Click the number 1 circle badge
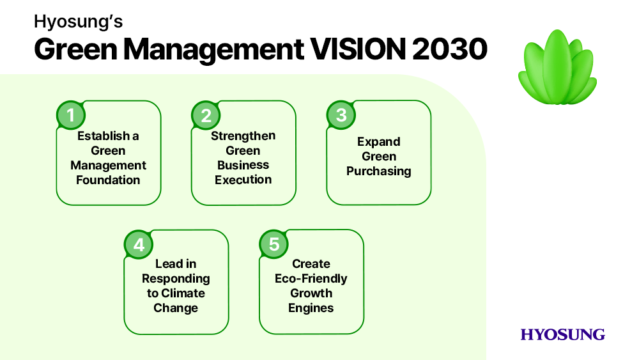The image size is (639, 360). point(71,115)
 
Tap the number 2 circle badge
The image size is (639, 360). point(206,115)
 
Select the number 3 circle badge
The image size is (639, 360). point(341,115)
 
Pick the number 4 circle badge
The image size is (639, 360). point(139,244)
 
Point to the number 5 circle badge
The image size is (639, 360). point(274,244)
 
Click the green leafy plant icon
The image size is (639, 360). point(557,67)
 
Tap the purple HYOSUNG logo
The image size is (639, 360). point(562,334)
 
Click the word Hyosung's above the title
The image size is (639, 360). point(78,22)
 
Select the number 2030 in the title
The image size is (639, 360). point(449,49)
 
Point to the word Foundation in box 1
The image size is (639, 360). point(108,180)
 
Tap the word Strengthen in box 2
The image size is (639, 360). point(243,136)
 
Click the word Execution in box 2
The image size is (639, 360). point(243,180)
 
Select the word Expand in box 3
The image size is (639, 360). point(378,142)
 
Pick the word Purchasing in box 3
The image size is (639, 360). point(378,171)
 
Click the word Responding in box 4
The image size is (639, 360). point(176,279)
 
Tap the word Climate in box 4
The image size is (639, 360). point(183,293)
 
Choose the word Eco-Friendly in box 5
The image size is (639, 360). point(311,279)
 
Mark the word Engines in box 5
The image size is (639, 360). point(311,308)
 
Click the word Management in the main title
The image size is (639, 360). point(213,50)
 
